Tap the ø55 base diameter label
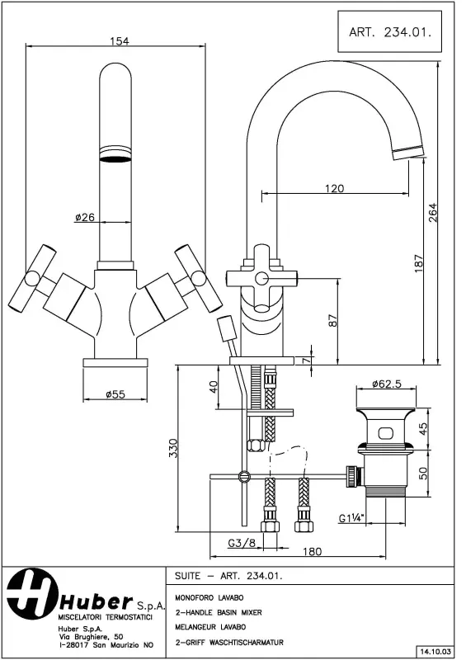pos(115,394)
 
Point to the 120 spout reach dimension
pos(334,188)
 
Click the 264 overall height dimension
pos(433,212)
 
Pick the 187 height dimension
pos(419,262)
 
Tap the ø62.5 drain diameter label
pos(386,384)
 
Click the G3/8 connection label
pos(241,544)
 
